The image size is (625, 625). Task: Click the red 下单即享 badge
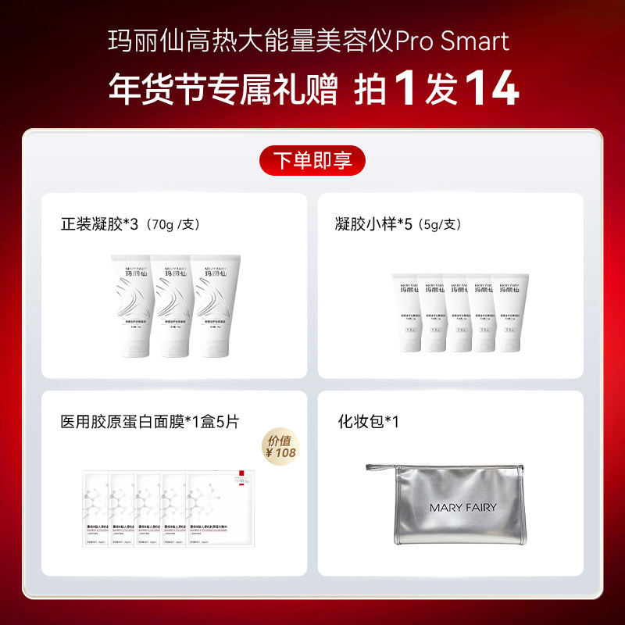tap(312, 161)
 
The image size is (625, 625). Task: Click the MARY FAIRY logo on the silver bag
tap(462, 507)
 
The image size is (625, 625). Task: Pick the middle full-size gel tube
tap(176, 304)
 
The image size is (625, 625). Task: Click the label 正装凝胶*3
tap(99, 224)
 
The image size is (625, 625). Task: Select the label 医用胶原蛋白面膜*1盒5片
tap(149, 422)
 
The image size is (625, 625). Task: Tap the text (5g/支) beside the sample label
tap(440, 225)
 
